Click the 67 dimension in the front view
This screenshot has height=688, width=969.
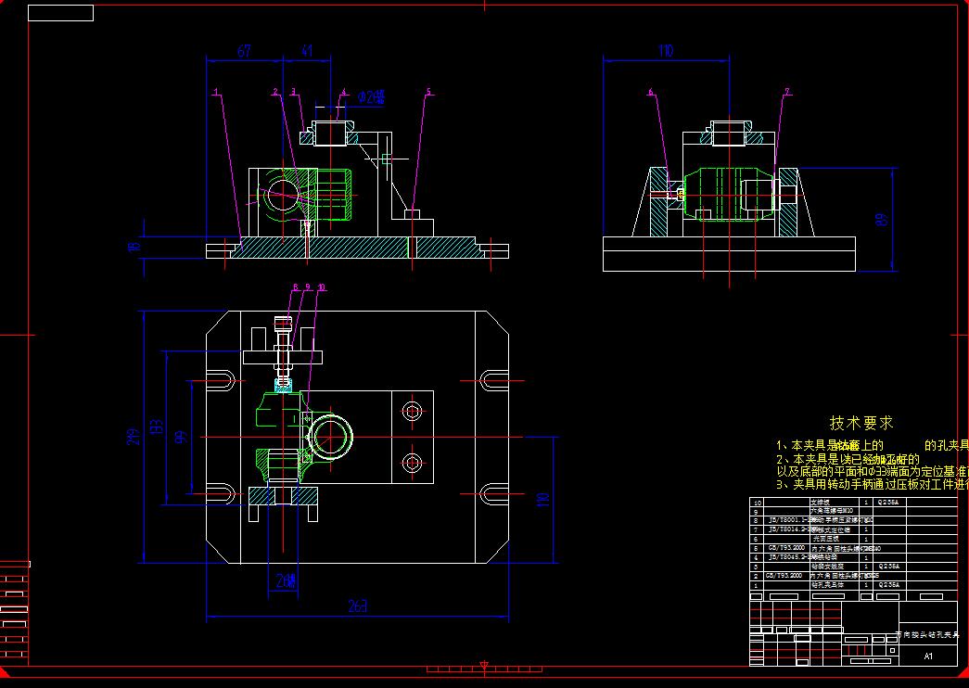pyautogui.click(x=244, y=51)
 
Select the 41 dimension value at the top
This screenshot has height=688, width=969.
pyautogui.click(x=307, y=51)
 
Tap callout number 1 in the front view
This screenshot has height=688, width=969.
pyautogui.click(x=215, y=92)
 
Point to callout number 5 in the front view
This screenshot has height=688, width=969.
pyautogui.click(x=428, y=92)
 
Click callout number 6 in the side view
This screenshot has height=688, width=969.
pyautogui.click(x=651, y=92)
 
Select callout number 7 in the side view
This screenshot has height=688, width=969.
pyautogui.click(x=787, y=92)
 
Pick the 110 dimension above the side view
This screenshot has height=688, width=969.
pyautogui.click(x=665, y=51)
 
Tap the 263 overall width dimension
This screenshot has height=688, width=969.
pyautogui.click(x=358, y=606)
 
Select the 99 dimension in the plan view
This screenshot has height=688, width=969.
pyautogui.click(x=182, y=436)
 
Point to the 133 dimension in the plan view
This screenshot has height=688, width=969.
pyautogui.click(x=158, y=427)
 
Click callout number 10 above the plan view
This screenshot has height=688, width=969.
pyautogui.click(x=321, y=287)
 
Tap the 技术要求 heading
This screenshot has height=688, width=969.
pyautogui.click(x=861, y=423)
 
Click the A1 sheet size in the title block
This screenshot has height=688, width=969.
pyautogui.click(x=929, y=656)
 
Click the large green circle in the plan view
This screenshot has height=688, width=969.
pyautogui.click(x=329, y=436)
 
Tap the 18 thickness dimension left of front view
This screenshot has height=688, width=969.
pyautogui.click(x=134, y=247)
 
